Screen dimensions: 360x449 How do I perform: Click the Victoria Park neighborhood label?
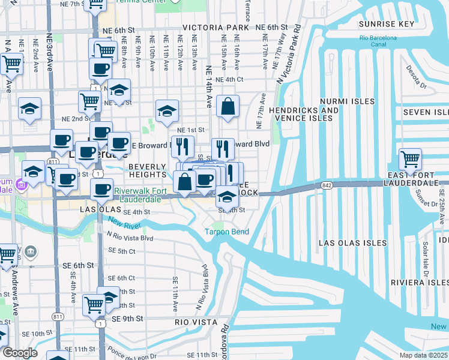215,28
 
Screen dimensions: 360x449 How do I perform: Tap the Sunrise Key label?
387,24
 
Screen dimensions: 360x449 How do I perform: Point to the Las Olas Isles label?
352,243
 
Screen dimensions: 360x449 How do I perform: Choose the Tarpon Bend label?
226,232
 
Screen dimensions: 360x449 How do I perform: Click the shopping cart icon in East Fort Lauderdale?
411,160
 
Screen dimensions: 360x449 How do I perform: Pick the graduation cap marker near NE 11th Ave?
167,111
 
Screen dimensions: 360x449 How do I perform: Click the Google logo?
19,353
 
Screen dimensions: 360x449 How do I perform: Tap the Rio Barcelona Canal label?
378,41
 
